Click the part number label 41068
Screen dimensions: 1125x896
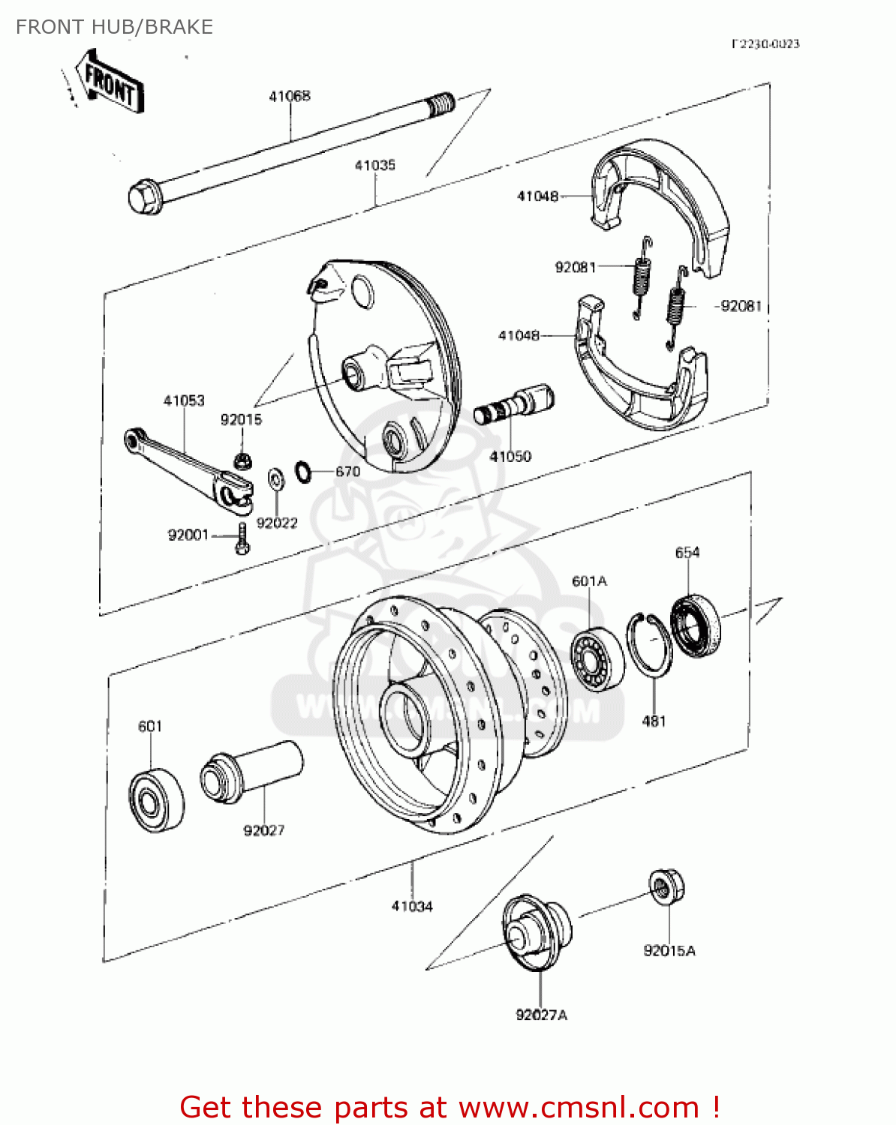tap(290, 96)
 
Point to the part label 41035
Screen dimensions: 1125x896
tap(374, 165)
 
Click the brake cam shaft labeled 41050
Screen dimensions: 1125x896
tap(514, 406)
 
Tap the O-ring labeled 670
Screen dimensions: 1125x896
tap(303, 472)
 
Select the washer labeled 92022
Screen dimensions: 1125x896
tap(275, 478)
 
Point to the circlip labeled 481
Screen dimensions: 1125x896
tap(649, 644)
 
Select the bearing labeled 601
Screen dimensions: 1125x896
tap(156, 799)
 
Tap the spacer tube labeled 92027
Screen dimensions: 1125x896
tap(251, 770)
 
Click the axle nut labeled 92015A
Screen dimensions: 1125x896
tap(666, 887)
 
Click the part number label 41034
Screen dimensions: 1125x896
tap(412, 906)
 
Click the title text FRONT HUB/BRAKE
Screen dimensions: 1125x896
tap(115, 27)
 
